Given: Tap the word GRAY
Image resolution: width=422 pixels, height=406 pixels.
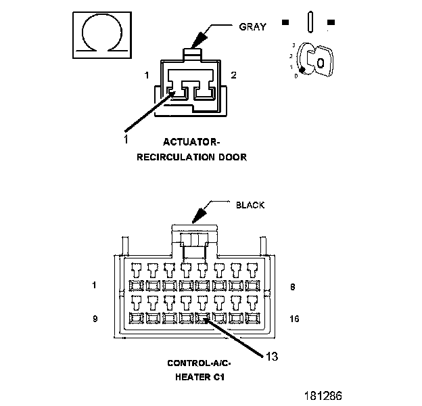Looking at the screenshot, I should point(253,27).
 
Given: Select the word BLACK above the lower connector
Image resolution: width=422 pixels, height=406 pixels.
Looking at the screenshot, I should point(250,205).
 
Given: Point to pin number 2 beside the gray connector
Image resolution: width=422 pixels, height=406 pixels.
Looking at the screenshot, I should point(233,75).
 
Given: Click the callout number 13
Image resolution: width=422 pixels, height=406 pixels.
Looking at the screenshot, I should point(271,356).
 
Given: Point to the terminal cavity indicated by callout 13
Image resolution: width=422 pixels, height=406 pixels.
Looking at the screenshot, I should point(202,317).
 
